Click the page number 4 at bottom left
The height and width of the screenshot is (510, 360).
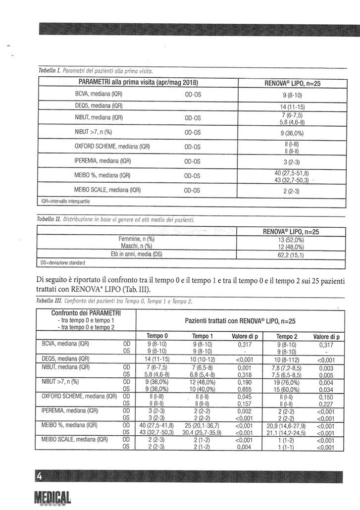[39, 476]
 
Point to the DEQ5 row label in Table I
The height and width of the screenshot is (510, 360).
[95, 106]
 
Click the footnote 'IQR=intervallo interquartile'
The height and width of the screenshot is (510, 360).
[66, 202]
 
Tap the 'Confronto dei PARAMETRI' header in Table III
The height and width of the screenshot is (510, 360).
[86, 313]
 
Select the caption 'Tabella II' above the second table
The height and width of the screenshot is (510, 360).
[49, 218]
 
